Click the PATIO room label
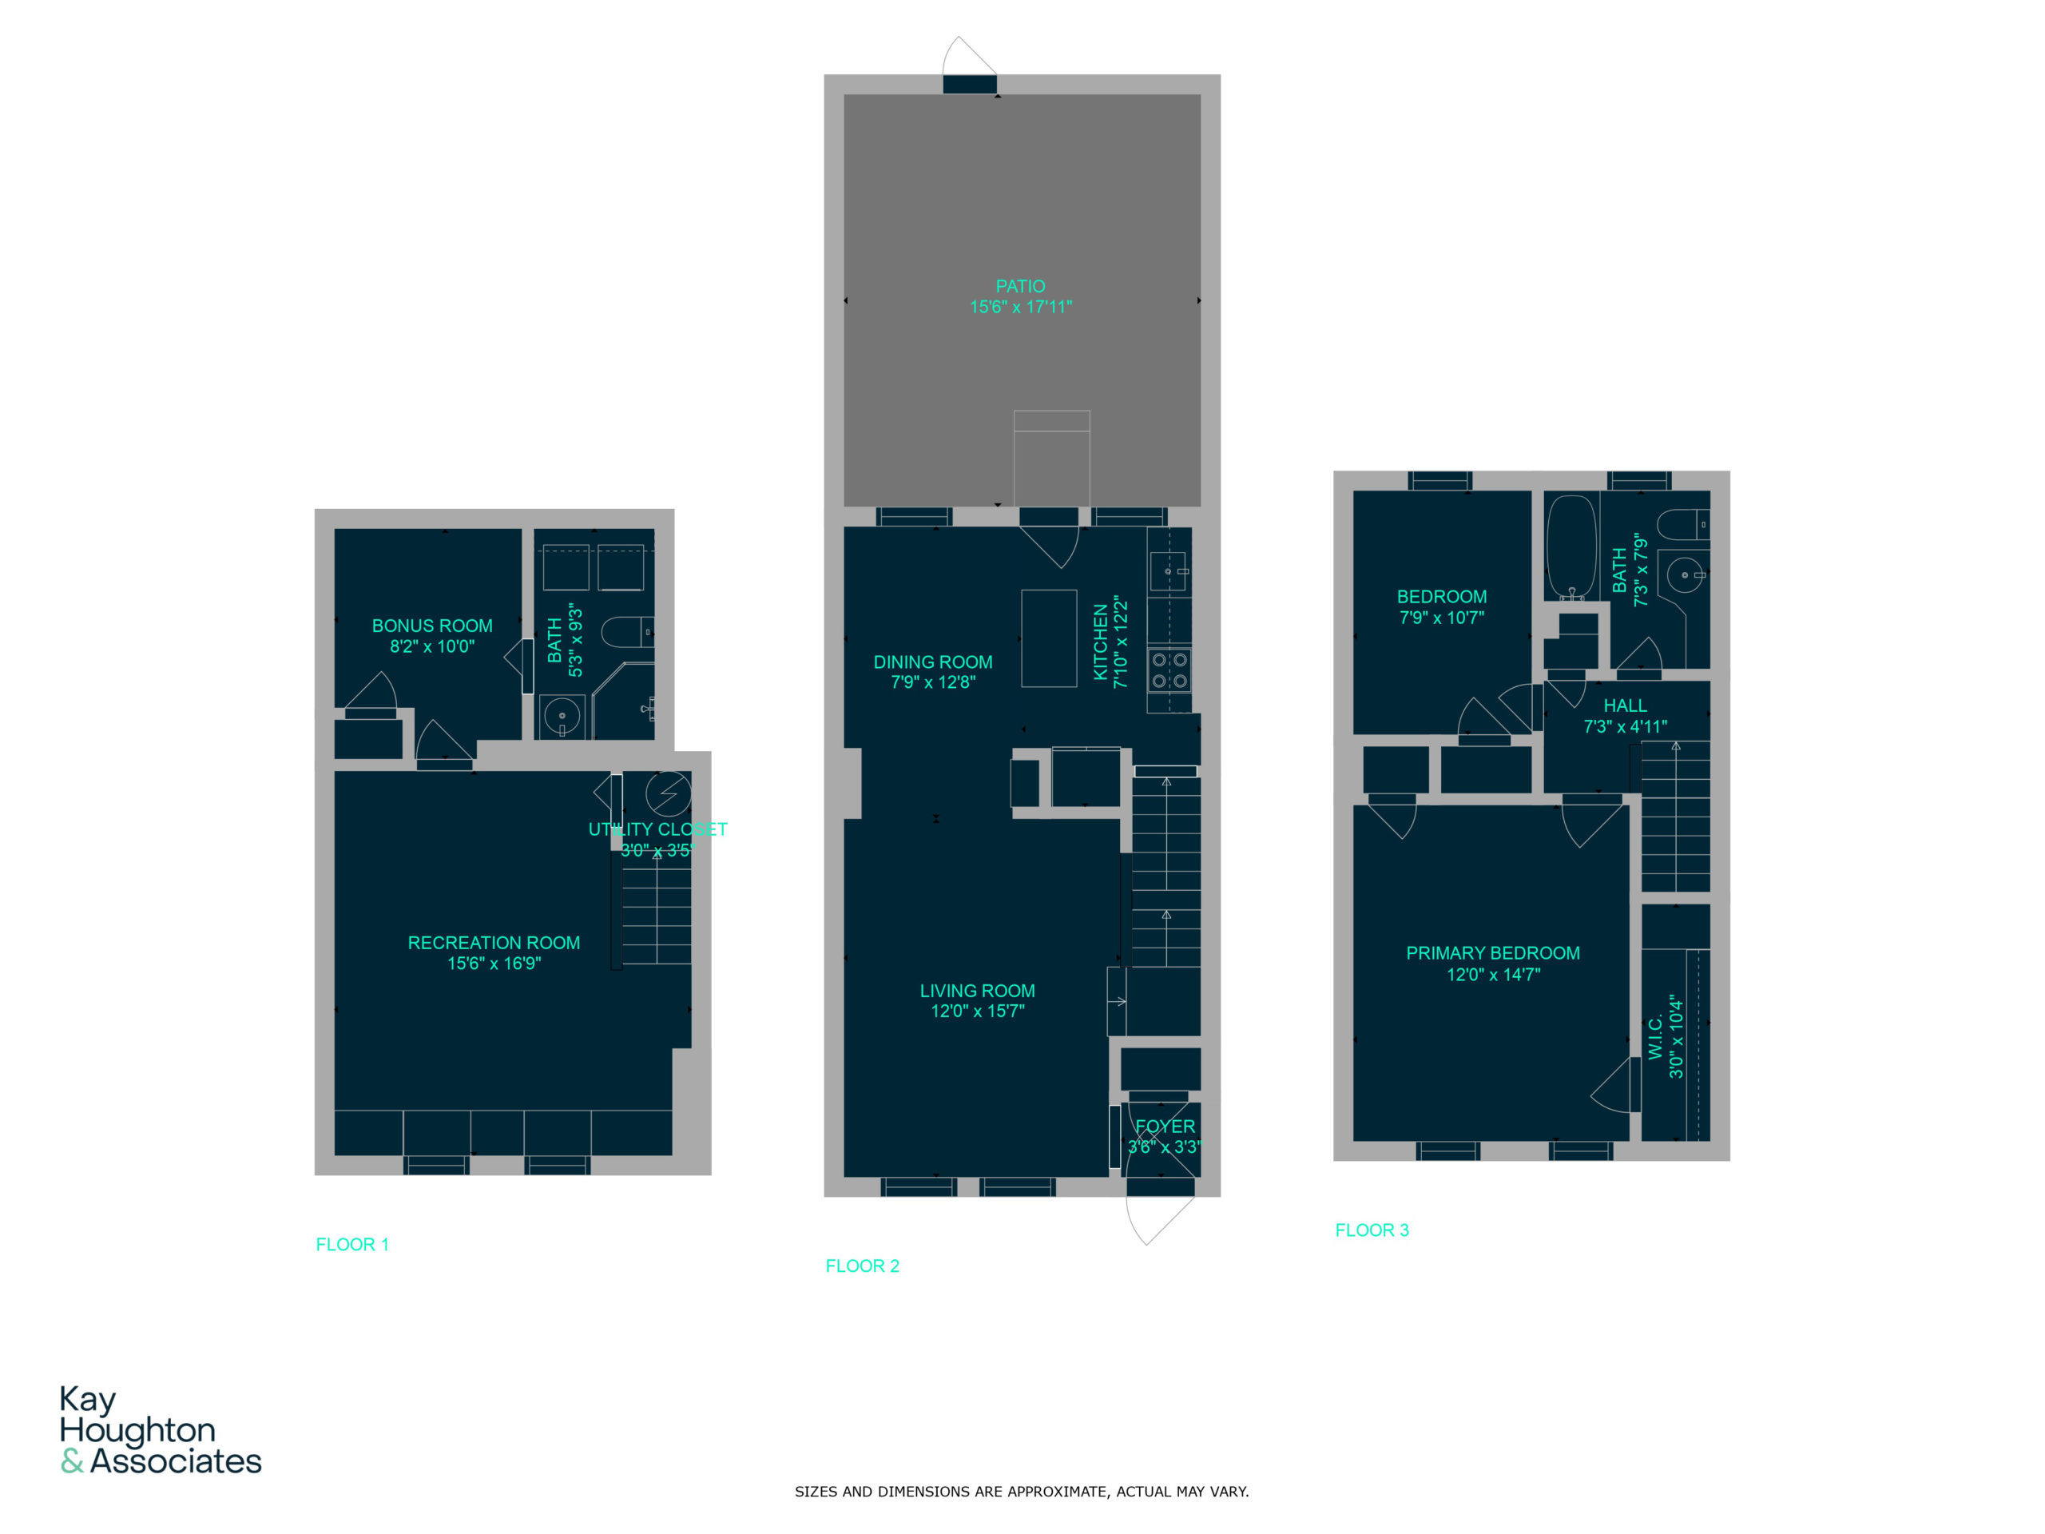pyautogui.click(x=1020, y=287)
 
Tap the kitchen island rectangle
pyautogui.click(x=1048, y=638)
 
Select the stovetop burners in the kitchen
pyautogui.click(x=1169, y=670)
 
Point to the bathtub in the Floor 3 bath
pyautogui.click(x=1570, y=546)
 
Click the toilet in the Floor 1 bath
pyautogui.click(x=628, y=633)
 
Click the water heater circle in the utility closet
pyautogui.click(x=668, y=793)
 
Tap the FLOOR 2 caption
pyautogui.click(x=862, y=1266)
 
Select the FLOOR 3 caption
pyautogui.click(x=1371, y=1230)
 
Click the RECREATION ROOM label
pyautogui.click(x=494, y=942)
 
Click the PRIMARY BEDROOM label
pyautogui.click(x=1492, y=952)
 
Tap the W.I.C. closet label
pyautogui.click(x=1655, y=1035)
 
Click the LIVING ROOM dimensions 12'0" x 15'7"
pyautogui.click(x=977, y=1011)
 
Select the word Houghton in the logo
pyautogui.click(x=137, y=1429)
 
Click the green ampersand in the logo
pyautogui.click(x=72, y=1461)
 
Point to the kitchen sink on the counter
pyautogui.click(x=1169, y=571)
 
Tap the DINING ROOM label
pyautogui.click(x=933, y=662)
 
